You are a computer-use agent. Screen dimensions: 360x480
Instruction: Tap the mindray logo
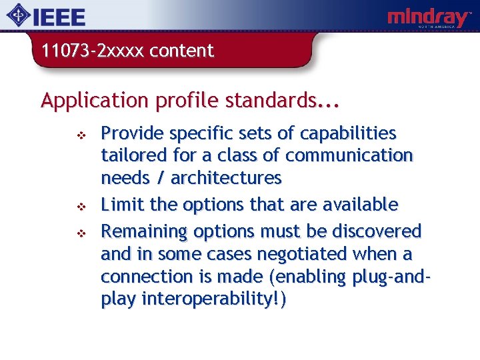[x=429, y=18]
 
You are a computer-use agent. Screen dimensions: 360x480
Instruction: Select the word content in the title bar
[x=181, y=51]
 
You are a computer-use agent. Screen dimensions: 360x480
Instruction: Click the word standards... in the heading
[x=283, y=101]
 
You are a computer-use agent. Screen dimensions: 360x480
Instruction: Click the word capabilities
[x=347, y=133]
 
